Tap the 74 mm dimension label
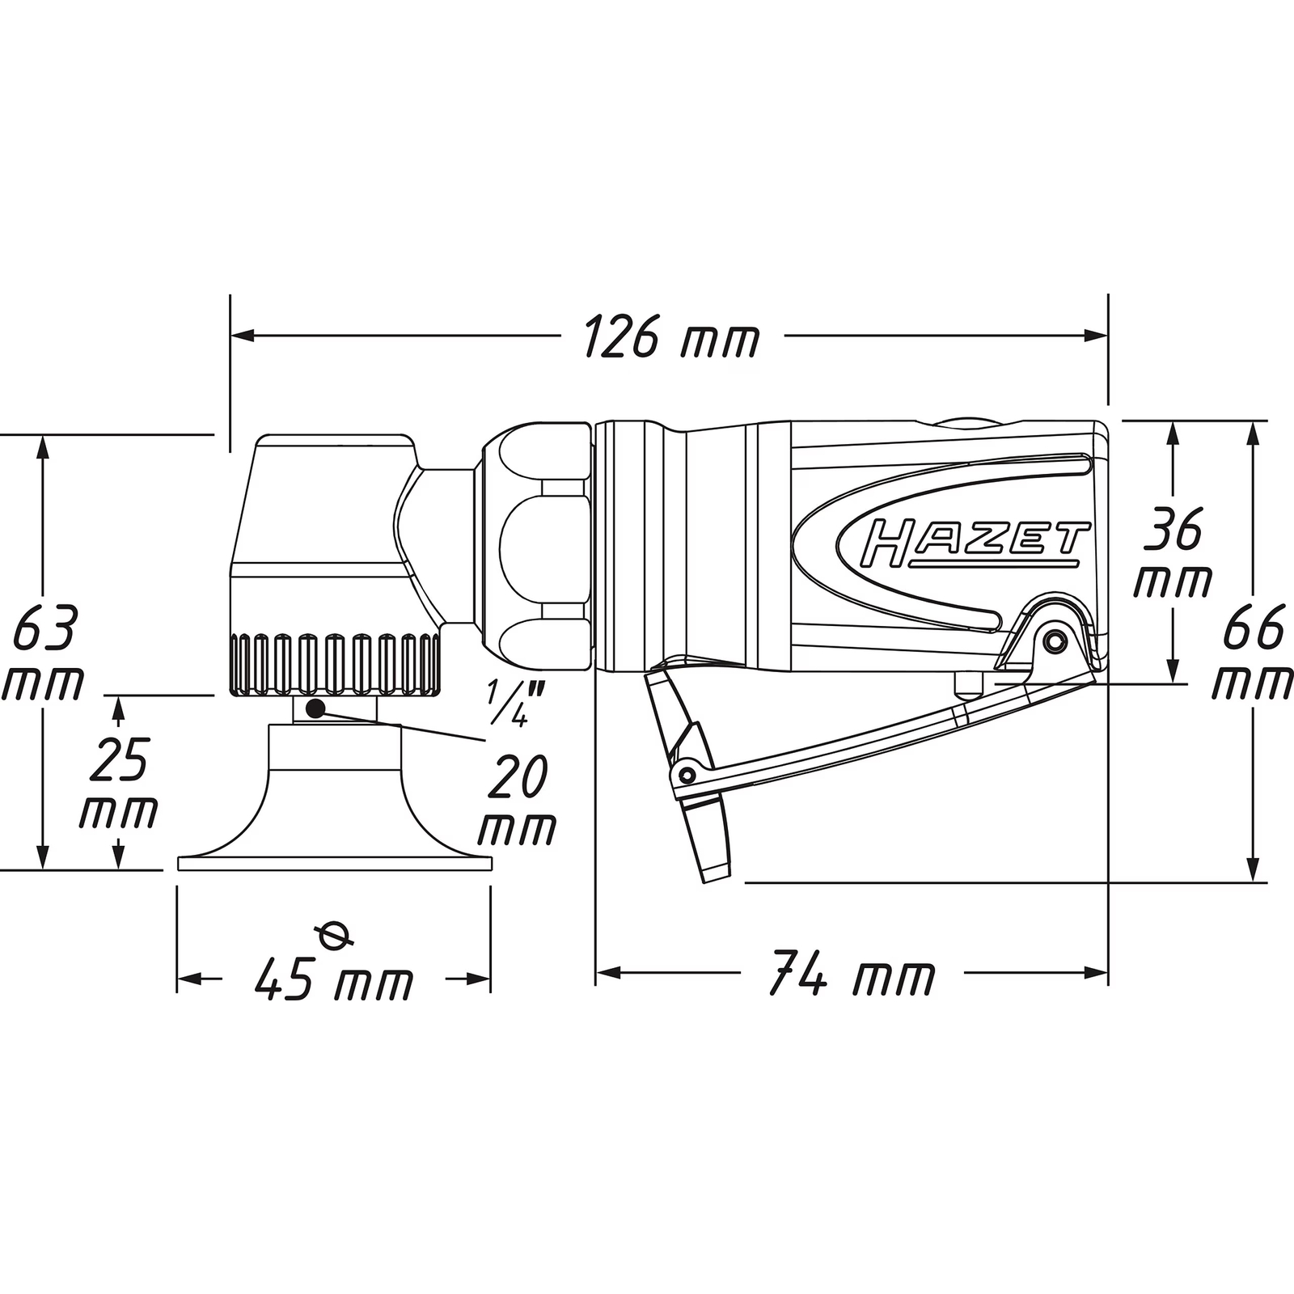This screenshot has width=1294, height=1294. pyautogui.click(x=852, y=974)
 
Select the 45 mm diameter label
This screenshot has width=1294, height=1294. pyautogui.click(x=333, y=981)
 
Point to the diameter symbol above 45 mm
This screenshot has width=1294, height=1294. pyautogui.click(x=335, y=936)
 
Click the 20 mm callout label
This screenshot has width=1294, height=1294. pyautogui.click(x=517, y=800)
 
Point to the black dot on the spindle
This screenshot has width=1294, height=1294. pyautogui.click(x=315, y=709)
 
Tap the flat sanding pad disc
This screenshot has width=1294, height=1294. pyautogui.click(x=335, y=864)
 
